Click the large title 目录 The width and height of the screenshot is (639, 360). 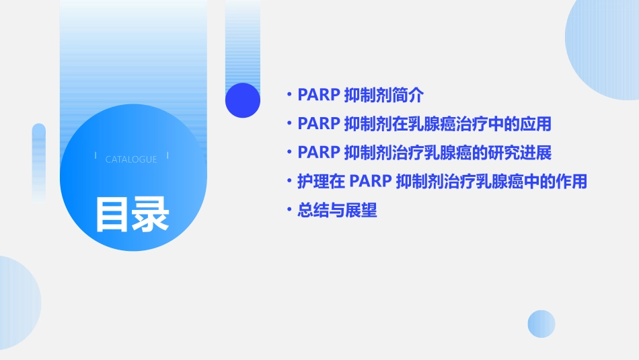132,215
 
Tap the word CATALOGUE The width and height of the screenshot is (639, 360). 131,159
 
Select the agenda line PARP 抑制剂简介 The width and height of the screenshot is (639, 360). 361,95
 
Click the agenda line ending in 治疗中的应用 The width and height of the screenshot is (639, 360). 424,124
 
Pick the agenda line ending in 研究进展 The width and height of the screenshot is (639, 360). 424,153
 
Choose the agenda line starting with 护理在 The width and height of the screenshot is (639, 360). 442,182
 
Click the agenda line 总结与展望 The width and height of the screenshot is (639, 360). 337,211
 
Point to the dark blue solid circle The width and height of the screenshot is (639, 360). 243,100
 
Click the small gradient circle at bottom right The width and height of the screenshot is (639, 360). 541,324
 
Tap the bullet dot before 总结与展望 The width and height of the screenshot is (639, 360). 289,211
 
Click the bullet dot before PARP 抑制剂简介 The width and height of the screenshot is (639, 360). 289,96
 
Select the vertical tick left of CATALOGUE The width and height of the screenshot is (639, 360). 96,155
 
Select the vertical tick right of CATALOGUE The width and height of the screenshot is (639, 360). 167,155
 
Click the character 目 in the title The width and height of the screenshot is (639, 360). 112,215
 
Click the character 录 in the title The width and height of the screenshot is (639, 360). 151,215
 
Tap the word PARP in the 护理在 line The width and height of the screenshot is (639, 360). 370,182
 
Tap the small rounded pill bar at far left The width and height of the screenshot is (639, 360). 39,161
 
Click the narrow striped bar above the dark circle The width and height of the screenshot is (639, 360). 243,40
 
